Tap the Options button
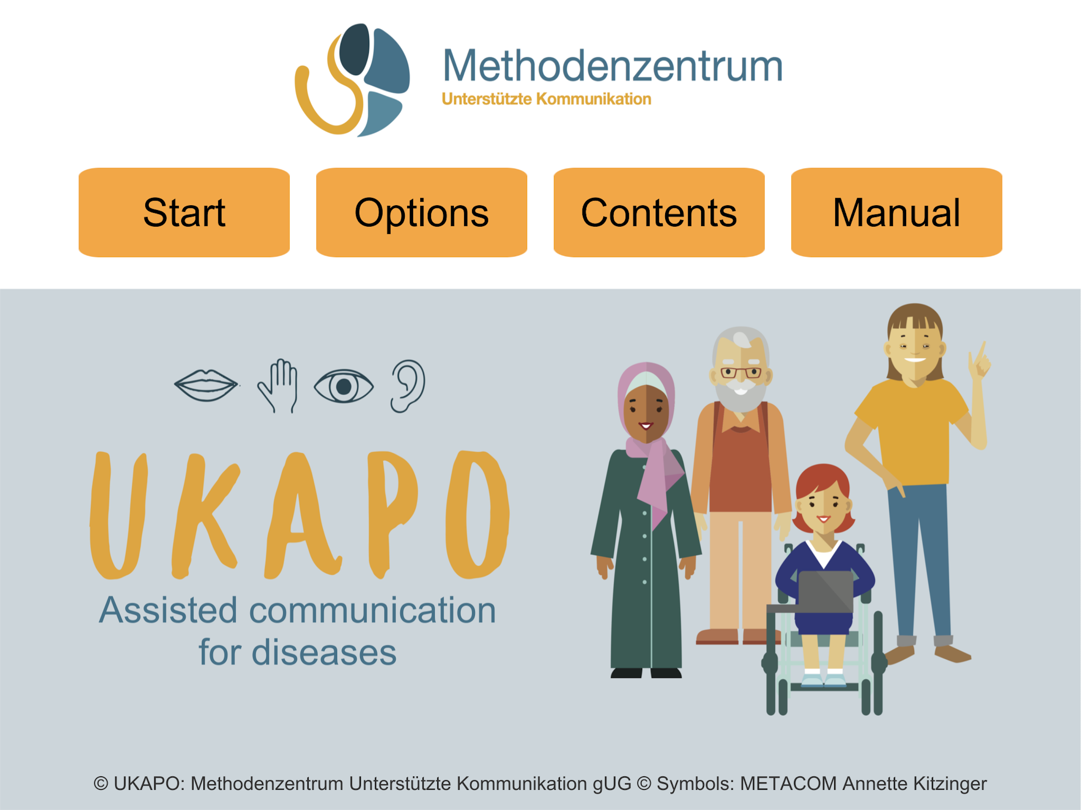[x=421, y=212]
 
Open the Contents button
[x=659, y=212]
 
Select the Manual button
[x=896, y=212]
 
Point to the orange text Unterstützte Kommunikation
[x=546, y=99]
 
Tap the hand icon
[x=278, y=386]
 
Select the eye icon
[x=343, y=386]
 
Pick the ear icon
[x=408, y=386]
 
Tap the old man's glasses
[x=741, y=373]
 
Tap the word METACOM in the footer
[x=788, y=783]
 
